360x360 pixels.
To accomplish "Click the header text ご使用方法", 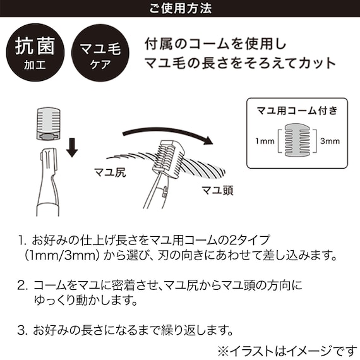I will pyautogui.click(x=180, y=9).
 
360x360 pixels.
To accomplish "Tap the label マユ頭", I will pyautogui.click(x=217, y=190).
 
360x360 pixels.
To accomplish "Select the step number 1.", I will pyautogui.click(x=22, y=240).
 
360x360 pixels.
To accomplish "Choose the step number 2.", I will pyautogui.click(x=22, y=284).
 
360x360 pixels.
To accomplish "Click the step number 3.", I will pyautogui.click(x=22, y=329).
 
